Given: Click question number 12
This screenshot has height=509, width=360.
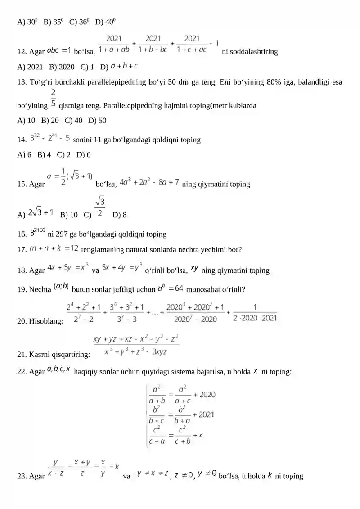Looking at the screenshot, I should click(22, 51).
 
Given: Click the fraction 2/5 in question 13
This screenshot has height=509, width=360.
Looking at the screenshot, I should click(54, 98).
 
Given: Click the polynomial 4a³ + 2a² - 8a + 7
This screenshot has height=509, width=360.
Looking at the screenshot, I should click(149, 182).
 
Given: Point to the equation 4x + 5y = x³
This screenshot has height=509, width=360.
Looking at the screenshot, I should click(68, 269).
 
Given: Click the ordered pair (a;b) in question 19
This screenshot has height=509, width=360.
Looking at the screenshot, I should click(61, 286).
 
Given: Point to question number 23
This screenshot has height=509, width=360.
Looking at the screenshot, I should click(22, 476).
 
